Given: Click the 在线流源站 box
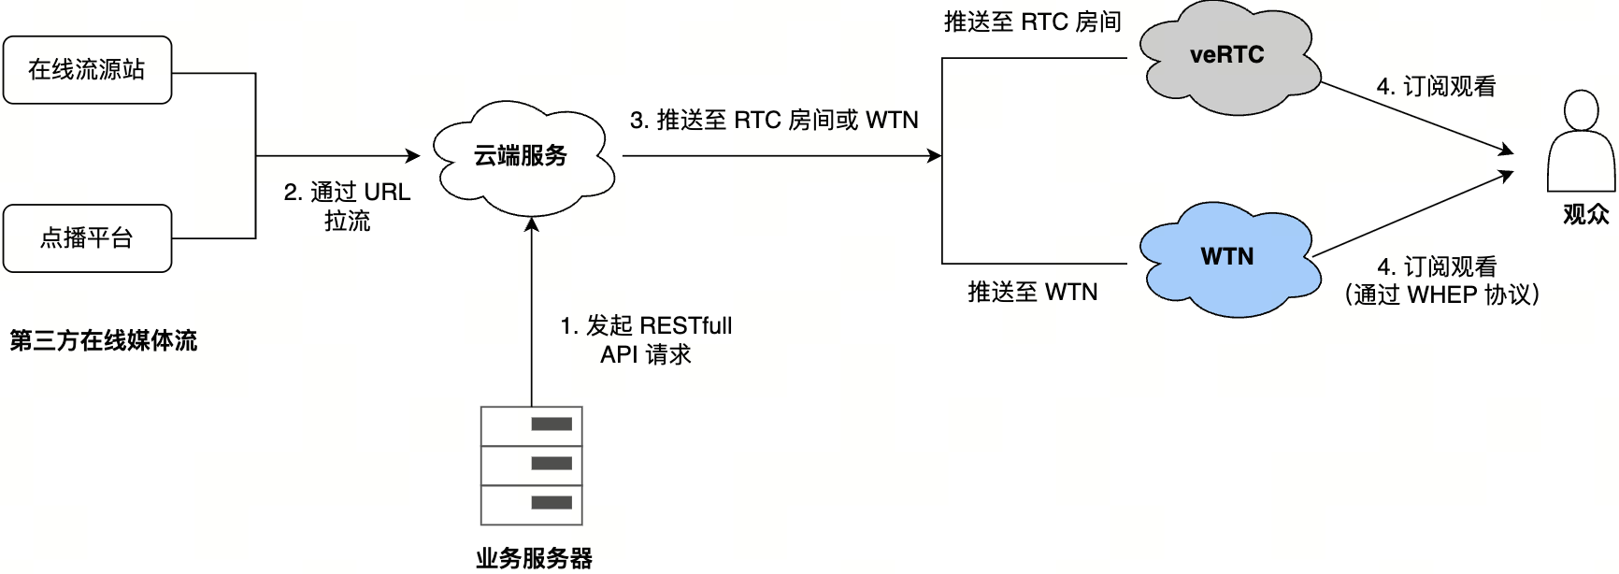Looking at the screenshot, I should tap(87, 70).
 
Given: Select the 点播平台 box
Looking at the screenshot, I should tap(87, 238).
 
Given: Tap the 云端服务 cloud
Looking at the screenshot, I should tap(521, 156).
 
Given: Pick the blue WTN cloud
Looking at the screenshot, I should tap(1226, 257).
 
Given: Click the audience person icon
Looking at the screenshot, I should tap(1581, 142).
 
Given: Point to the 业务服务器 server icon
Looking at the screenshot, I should tap(531, 465).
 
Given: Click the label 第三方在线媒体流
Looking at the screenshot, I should tap(103, 341).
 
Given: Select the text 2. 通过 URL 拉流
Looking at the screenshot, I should tap(347, 207).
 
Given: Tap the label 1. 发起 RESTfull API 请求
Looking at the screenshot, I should tap(646, 340).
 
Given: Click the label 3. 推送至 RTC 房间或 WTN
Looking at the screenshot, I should tap(774, 121).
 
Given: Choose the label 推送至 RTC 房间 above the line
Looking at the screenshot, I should tap(1032, 22).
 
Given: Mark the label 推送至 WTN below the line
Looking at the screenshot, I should tap(1032, 293).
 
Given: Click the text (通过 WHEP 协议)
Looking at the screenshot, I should tap(1440, 295).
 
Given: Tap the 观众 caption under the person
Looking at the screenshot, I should tap(1585, 214).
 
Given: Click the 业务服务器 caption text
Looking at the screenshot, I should tap(534, 559).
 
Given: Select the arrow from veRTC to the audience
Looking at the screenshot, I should tap(1416, 117).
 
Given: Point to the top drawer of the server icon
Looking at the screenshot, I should tap(531, 425).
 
